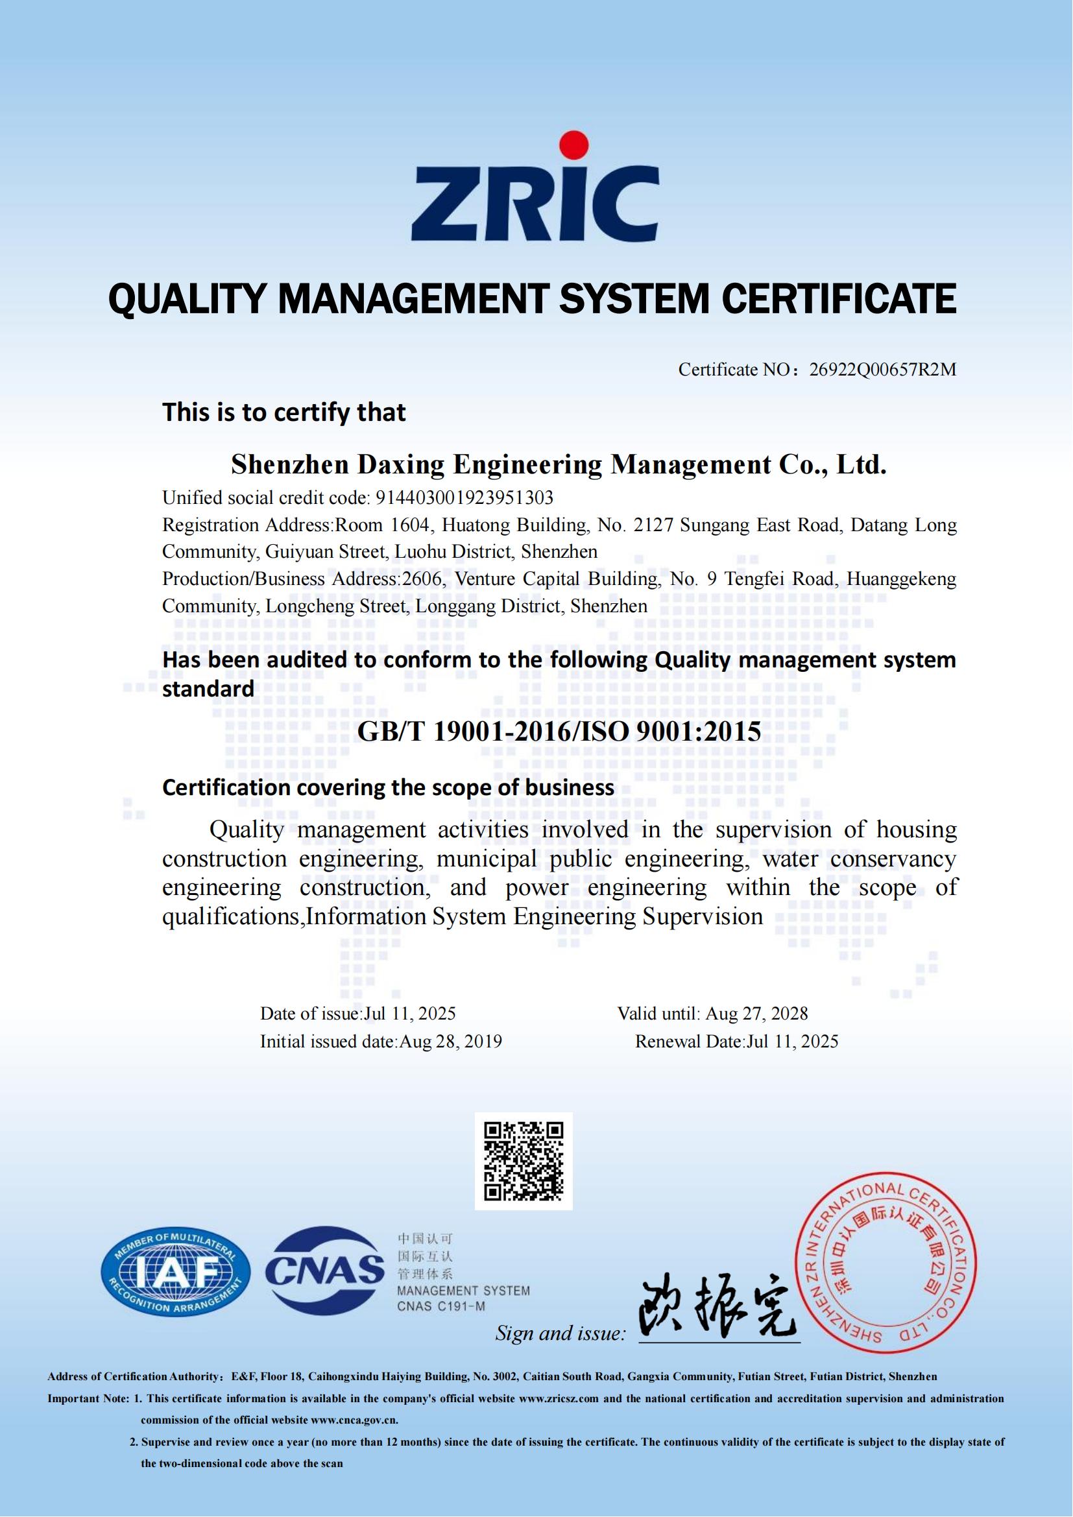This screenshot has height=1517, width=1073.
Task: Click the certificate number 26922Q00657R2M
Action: point(883,369)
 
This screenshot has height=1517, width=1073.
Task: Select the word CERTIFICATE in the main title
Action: point(838,298)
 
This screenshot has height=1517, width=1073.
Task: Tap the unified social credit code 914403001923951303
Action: point(464,497)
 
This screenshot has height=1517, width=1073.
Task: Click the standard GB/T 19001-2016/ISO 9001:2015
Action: point(559,732)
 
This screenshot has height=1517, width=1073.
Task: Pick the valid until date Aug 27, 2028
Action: point(756,1014)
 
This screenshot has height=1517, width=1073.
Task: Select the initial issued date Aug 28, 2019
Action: point(451,1042)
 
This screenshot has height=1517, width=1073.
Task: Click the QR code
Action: point(524,1161)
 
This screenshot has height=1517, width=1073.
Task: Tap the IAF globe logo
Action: point(176,1273)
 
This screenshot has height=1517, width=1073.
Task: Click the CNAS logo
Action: point(325,1271)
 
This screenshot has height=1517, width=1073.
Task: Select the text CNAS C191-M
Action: point(440,1306)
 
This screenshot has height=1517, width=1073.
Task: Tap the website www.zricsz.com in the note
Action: point(559,1399)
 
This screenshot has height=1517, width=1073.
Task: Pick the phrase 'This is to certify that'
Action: point(284,412)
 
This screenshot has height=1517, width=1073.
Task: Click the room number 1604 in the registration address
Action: point(409,525)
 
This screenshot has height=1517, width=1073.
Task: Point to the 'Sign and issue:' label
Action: point(561,1333)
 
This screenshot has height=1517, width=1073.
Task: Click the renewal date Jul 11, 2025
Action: point(792,1042)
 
